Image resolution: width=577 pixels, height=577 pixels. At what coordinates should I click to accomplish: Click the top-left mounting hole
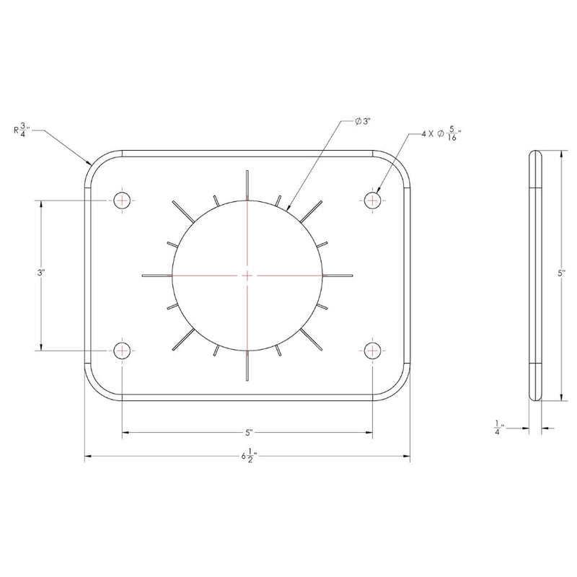(x=123, y=200)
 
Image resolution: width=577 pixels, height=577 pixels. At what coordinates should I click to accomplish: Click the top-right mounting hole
(x=372, y=199)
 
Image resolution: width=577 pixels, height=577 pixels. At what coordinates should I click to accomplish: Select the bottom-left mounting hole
(x=123, y=351)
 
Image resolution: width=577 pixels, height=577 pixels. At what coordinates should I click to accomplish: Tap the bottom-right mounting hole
(x=372, y=351)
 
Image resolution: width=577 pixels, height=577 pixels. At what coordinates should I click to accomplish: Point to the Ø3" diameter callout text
(x=362, y=122)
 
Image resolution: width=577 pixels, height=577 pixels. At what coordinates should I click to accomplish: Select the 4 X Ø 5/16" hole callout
(x=441, y=134)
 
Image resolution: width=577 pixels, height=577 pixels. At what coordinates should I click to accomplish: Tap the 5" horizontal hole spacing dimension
(x=247, y=433)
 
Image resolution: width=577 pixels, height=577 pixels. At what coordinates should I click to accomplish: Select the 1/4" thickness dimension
(x=497, y=428)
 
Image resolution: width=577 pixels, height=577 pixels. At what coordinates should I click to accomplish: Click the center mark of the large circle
(x=247, y=275)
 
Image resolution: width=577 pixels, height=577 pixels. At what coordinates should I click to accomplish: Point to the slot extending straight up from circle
(x=247, y=185)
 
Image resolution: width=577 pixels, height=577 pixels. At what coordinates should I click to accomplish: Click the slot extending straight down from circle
(x=247, y=364)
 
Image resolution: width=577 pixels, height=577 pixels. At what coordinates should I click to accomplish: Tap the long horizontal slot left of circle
(x=158, y=275)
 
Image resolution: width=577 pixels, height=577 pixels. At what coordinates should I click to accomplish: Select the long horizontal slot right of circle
(x=338, y=275)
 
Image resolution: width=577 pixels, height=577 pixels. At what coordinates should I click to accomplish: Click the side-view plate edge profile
(x=536, y=274)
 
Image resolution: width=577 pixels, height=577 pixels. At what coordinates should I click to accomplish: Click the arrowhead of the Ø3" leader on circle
(x=289, y=208)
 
